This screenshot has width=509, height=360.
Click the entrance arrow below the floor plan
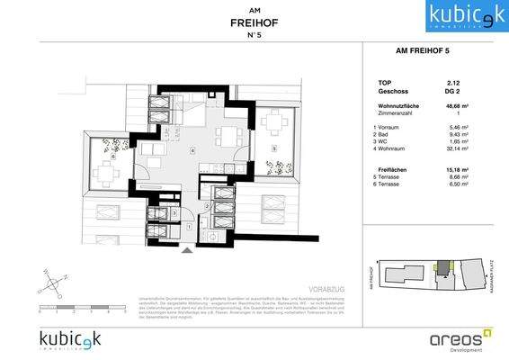(186, 251)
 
